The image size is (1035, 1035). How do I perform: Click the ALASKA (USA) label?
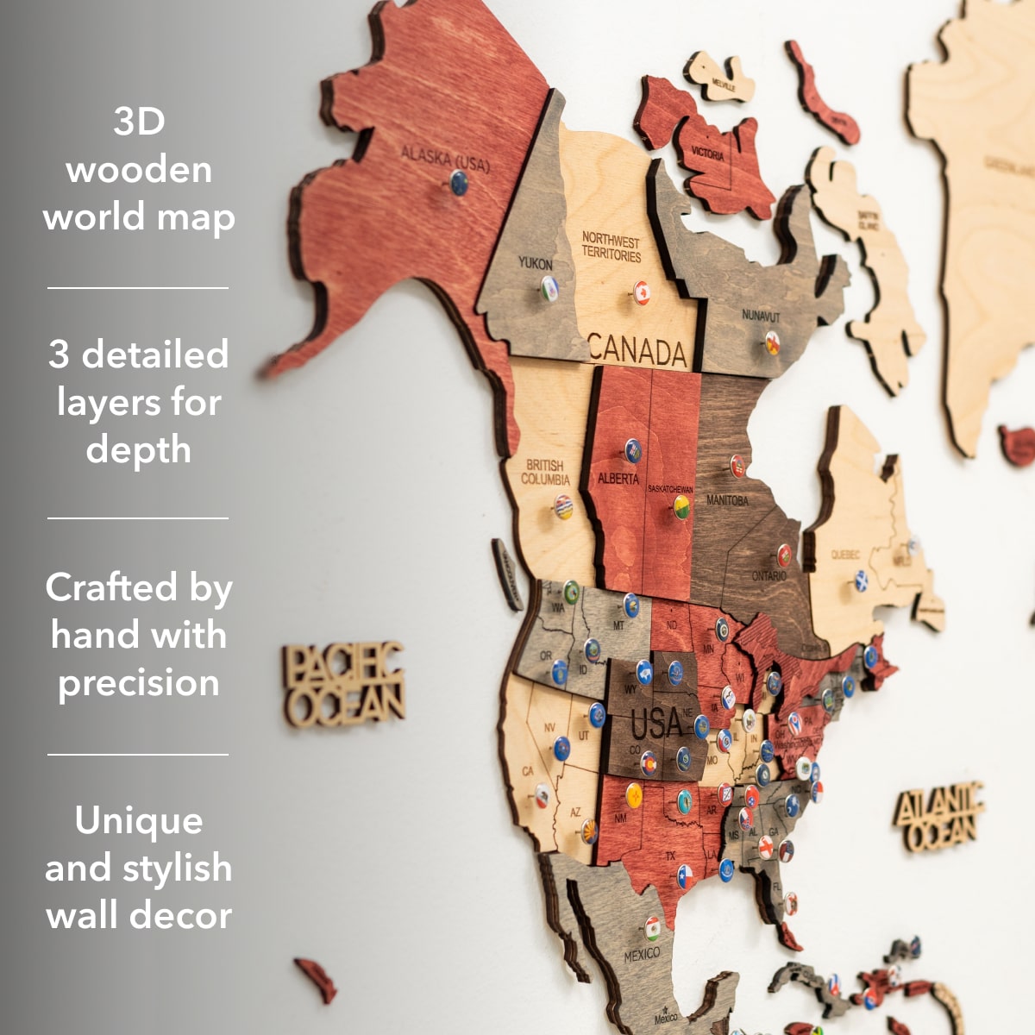(444, 159)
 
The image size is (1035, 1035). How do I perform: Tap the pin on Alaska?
(459, 182)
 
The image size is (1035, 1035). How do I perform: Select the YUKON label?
(535, 263)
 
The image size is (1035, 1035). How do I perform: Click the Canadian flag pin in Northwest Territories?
(641, 292)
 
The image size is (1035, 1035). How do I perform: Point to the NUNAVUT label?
(761, 317)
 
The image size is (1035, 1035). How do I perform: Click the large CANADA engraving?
(637, 351)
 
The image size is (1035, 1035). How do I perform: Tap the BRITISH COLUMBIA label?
(545, 472)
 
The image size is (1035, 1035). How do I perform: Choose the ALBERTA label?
(618, 478)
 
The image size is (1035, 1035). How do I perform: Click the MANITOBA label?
(727, 500)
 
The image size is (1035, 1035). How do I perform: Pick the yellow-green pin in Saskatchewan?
(681, 505)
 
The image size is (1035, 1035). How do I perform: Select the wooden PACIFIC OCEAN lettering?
(343, 683)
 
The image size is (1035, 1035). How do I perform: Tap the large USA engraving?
(656, 723)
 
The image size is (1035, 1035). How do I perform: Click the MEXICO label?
(642, 954)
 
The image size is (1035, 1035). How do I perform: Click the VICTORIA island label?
(707, 154)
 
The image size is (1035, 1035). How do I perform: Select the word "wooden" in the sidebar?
(139, 169)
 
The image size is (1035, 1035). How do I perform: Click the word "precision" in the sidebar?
(139, 683)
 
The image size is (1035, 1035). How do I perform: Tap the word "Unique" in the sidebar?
(139, 820)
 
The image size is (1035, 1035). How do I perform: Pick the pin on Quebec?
(860, 580)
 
